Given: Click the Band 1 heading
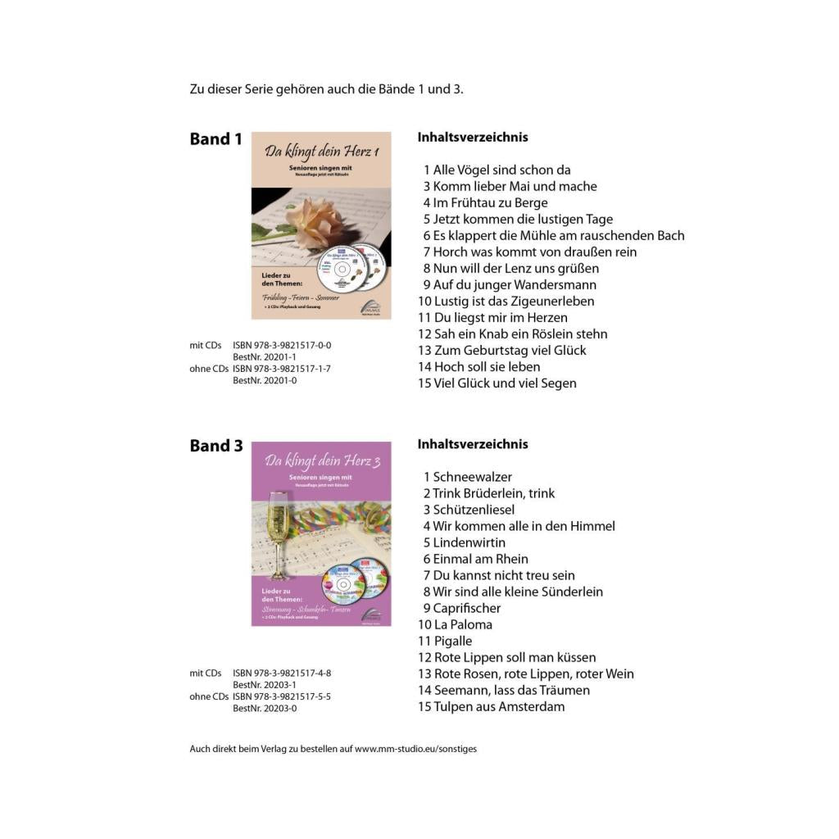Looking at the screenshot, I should click(215, 139).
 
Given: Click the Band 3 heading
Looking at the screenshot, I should click(216, 446).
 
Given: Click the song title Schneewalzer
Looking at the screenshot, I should click(472, 477).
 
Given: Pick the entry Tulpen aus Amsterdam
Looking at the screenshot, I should click(499, 706).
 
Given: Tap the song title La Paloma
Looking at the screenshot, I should click(463, 624).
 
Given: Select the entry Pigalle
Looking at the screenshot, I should click(453, 641).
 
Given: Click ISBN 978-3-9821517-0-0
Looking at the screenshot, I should click(282, 346).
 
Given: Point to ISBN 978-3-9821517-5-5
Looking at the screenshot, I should click(282, 696).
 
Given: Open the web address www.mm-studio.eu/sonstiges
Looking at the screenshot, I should click(415, 749).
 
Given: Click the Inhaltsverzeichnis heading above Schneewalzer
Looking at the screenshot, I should click(473, 444).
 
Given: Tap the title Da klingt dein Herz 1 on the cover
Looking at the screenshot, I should click(322, 152).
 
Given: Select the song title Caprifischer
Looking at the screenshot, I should click(466, 608).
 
